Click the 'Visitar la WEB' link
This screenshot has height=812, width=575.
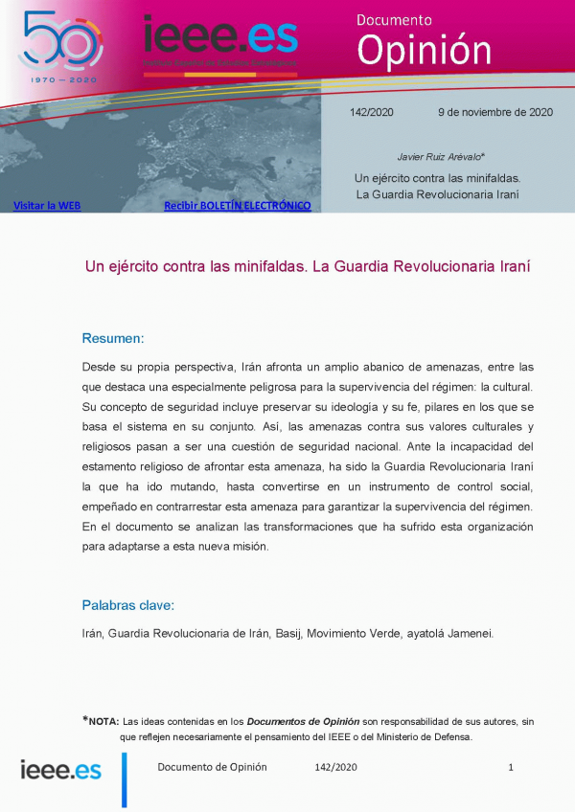coord(46,205)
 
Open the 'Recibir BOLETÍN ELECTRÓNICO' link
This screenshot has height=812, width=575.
coord(237,205)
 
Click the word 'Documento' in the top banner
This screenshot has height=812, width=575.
coord(394,19)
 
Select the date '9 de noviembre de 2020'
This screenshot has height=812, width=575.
coord(495,112)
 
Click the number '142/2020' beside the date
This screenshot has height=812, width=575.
coord(372,112)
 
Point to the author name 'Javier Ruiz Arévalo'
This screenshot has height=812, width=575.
coord(440,156)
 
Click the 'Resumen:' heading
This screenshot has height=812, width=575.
coord(113,338)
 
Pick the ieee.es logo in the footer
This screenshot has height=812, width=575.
coord(61,769)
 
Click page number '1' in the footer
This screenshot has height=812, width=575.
coord(511,767)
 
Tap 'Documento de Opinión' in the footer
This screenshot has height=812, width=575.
coord(212,767)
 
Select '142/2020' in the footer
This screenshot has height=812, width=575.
coord(335,767)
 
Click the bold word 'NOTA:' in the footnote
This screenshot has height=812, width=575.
coord(103,721)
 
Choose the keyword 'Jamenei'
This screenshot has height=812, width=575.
coord(467,633)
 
